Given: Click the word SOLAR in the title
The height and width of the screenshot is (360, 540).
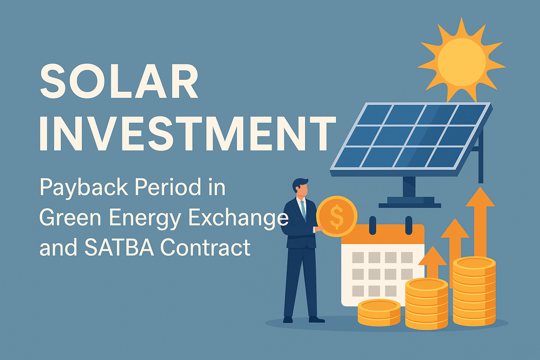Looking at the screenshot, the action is click(x=119, y=81).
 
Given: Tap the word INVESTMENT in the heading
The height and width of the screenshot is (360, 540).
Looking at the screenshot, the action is click(x=188, y=133).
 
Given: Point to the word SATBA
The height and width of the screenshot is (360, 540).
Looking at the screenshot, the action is click(x=119, y=247).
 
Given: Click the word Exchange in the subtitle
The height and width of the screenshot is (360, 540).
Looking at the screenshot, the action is click(x=238, y=218).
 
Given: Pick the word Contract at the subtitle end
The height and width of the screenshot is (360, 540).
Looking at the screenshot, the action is click(x=206, y=247).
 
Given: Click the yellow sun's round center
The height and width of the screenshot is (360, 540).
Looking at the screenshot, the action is click(x=462, y=62).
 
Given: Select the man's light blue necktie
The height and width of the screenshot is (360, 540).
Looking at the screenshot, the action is click(x=303, y=210).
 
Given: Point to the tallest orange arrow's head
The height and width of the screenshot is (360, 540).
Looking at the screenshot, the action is click(x=480, y=197).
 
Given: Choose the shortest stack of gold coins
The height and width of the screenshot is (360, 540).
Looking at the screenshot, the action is click(x=379, y=313).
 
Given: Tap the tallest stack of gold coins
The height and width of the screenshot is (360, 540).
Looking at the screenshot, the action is click(x=474, y=291).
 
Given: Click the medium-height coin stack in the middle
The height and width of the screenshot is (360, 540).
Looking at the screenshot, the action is click(x=426, y=304).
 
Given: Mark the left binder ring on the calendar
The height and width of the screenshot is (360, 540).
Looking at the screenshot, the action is click(x=372, y=225).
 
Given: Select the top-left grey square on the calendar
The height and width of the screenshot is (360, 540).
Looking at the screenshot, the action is click(x=358, y=258).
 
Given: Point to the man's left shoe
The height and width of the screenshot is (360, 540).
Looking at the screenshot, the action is click(x=288, y=320).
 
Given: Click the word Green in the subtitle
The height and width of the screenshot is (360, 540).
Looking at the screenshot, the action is click(x=70, y=218).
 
